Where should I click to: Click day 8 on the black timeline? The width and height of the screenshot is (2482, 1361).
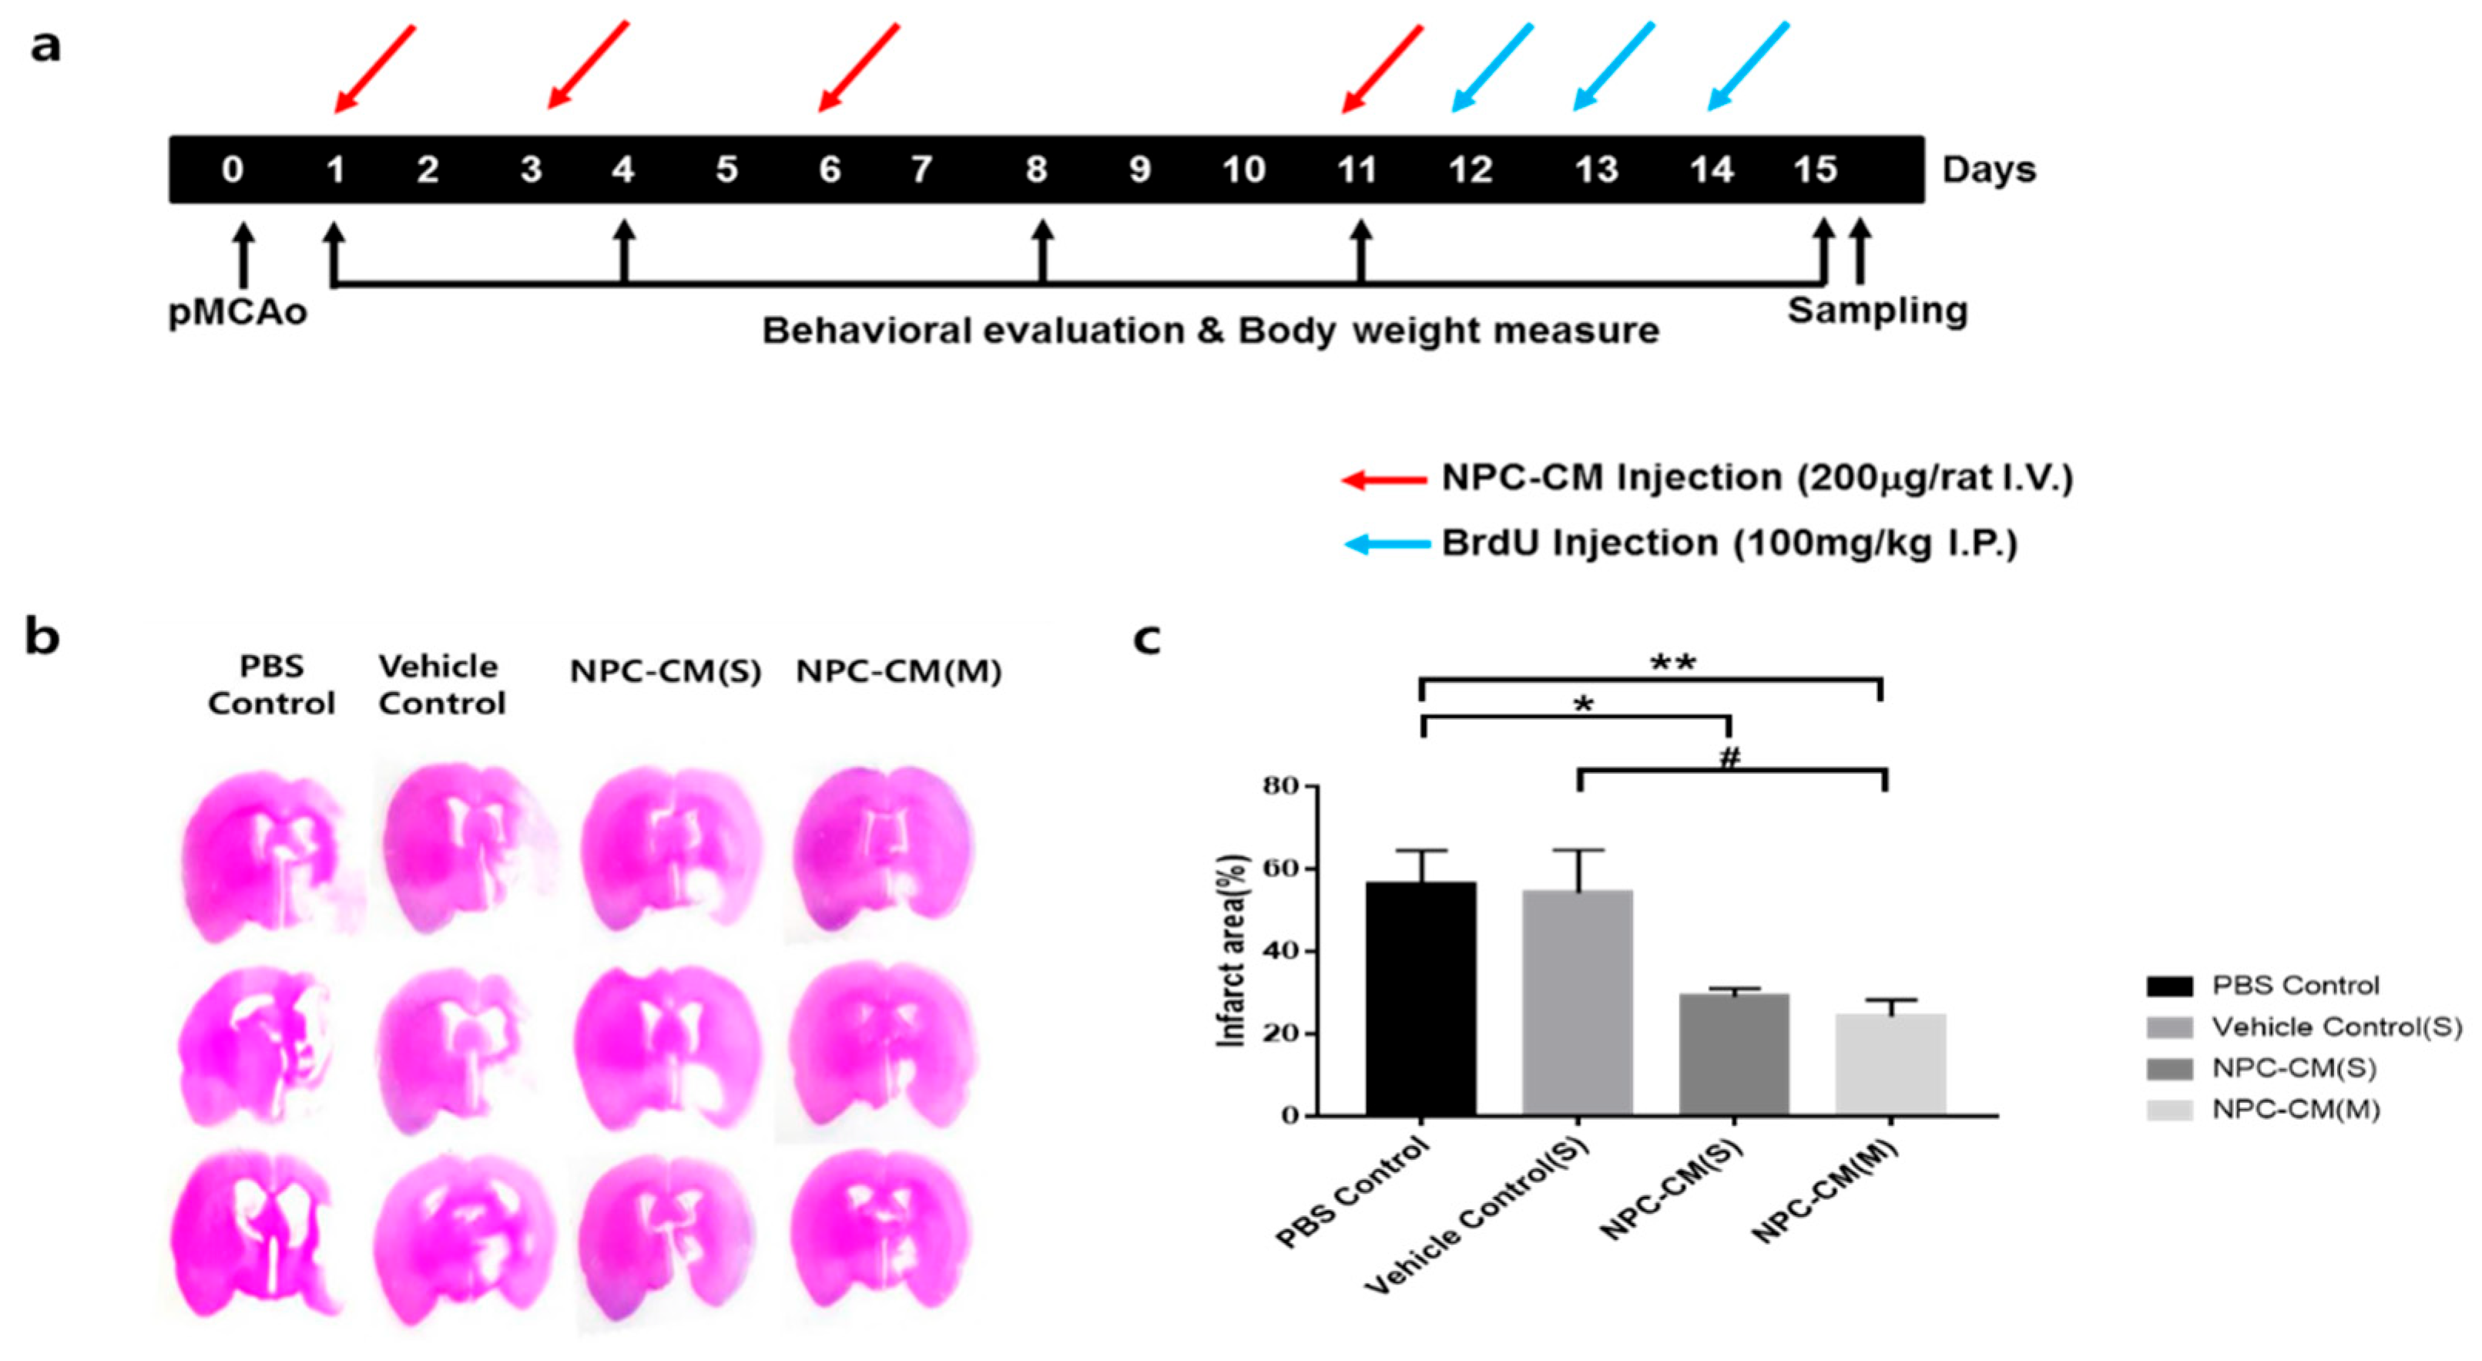click(x=1036, y=170)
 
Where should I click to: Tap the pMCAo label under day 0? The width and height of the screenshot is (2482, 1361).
click(x=237, y=312)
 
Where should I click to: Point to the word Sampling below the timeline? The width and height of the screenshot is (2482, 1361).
click(x=1877, y=311)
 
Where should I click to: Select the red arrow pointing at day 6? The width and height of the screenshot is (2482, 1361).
click(x=858, y=68)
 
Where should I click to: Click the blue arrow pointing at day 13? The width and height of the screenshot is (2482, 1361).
click(x=1613, y=66)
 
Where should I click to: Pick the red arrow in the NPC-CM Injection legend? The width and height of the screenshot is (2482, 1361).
click(x=1384, y=479)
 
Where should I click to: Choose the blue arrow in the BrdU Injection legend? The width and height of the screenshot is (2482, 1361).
click(x=1387, y=546)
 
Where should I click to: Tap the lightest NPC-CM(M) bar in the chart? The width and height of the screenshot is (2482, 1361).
click(x=1890, y=1064)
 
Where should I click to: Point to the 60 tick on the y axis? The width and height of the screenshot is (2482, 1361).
click(x=1282, y=869)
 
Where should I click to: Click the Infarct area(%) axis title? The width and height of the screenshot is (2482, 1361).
click(x=1233, y=951)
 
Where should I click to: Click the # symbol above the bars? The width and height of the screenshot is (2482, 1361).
click(x=1729, y=758)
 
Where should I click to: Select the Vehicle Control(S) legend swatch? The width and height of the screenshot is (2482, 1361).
click(x=2168, y=1027)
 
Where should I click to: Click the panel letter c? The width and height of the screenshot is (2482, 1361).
click(x=1146, y=639)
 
